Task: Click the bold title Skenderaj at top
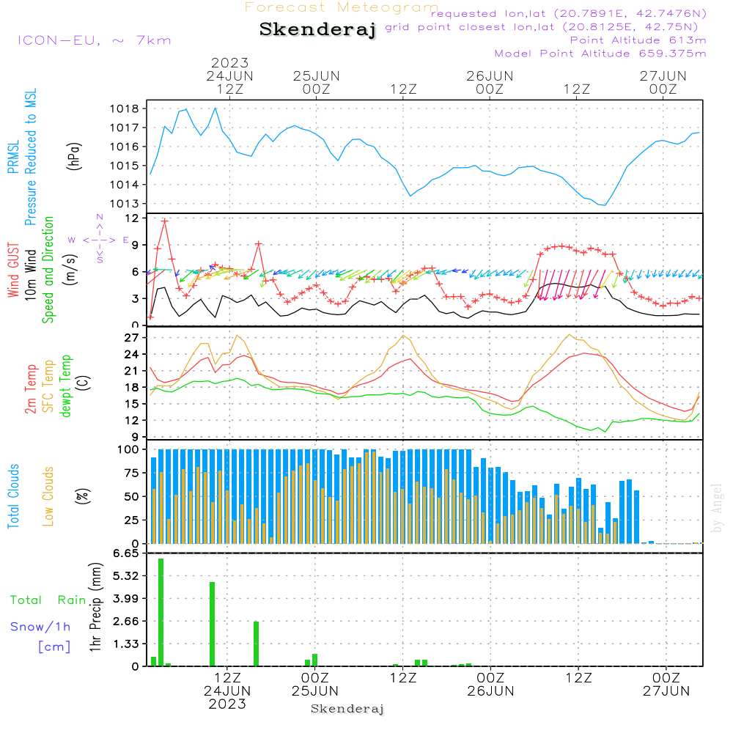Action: coord(317,30)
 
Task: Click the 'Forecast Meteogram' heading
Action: coord(342,7)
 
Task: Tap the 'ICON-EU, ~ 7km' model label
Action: coord(94,40)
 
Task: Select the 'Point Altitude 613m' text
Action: coord(638,40)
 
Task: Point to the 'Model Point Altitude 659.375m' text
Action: coord(600,54)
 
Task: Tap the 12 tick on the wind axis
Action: coord(133,218)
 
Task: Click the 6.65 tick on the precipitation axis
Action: coord(125,553)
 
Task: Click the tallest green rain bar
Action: coord(161,611)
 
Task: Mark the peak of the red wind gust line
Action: coord(165,220)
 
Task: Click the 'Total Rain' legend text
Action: coord(48,600)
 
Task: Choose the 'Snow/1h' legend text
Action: coord(41,627)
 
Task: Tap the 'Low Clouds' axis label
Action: coord(48,496)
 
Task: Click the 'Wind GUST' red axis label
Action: coord(14,271)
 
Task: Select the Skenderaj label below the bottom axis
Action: coord(347,709)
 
